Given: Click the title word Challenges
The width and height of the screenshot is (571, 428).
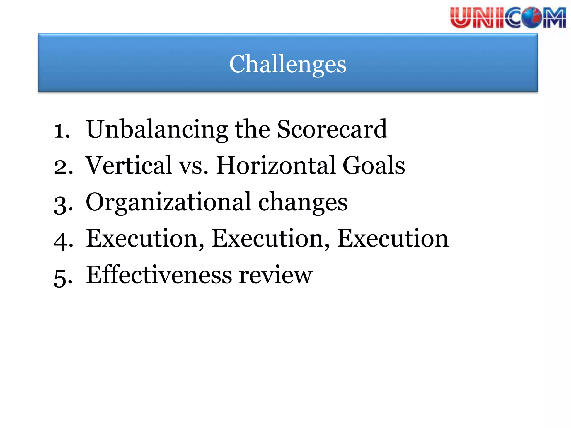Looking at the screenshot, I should [x=288, y=64].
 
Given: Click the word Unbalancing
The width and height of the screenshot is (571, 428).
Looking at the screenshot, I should [x=157, y=129].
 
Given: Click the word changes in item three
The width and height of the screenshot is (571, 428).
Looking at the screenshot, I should [x=303, y=202].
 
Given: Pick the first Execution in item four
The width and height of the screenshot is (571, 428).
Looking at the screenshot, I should [x=145, y=239].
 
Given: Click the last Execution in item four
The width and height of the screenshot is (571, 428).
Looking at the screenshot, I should [x=393, y=239].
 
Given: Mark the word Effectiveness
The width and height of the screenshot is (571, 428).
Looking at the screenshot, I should [x=159, y=275].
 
